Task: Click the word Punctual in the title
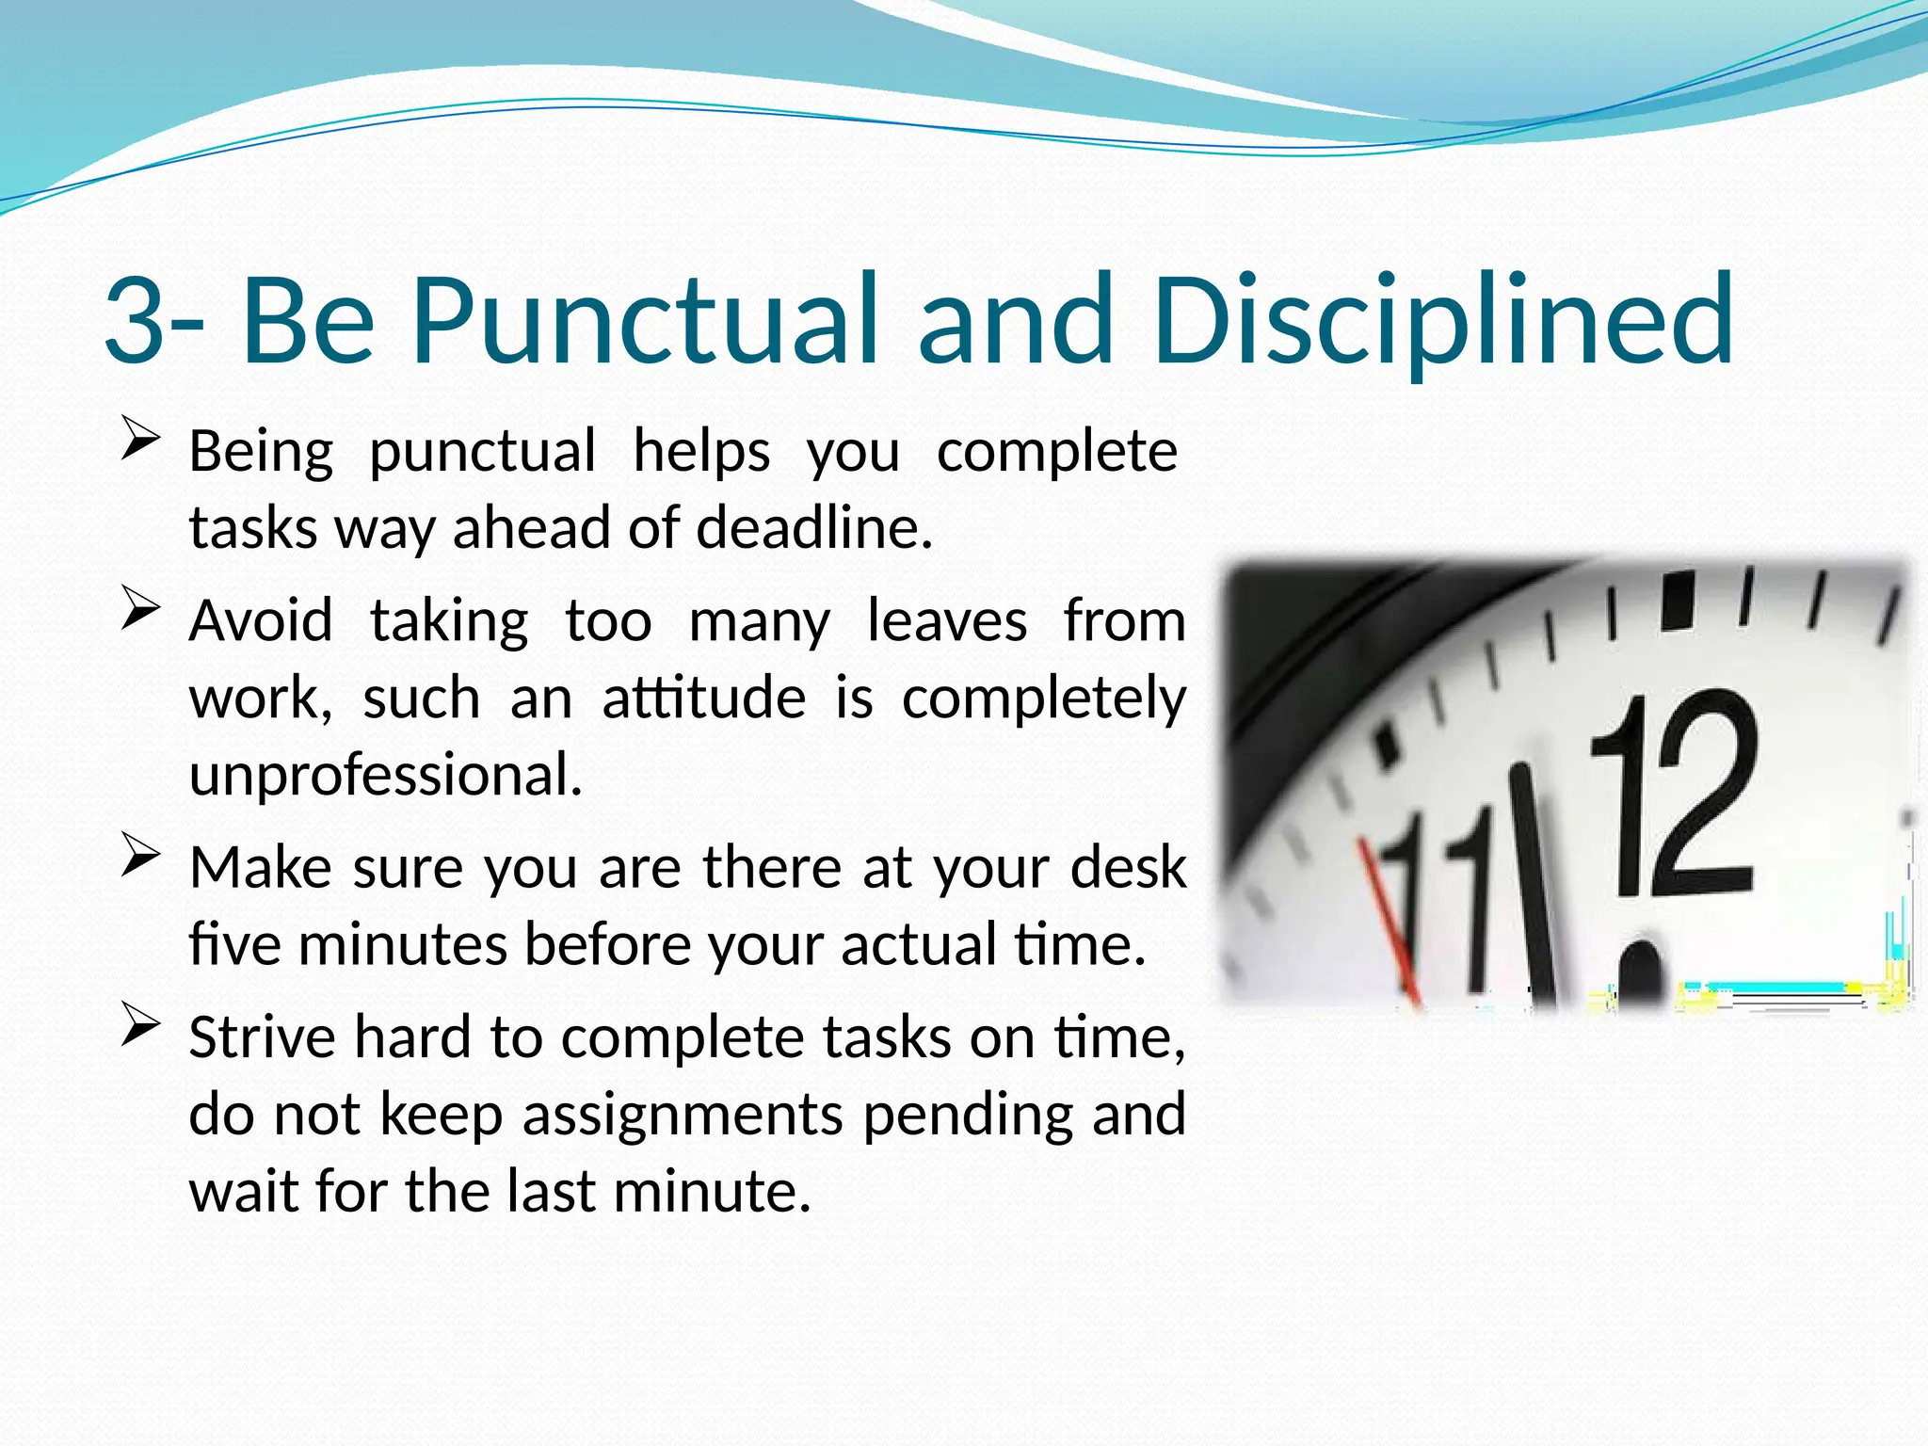646,320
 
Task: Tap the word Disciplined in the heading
1442,320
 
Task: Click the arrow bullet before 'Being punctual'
140,441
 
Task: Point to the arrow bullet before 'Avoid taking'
140,611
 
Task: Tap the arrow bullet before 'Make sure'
140,857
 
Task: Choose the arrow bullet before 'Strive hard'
140,1027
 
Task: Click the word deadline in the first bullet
813,527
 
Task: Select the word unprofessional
386,775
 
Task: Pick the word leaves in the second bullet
946,621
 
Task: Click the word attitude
703,699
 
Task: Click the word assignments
683,1115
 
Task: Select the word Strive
262,1037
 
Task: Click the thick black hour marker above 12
1678,601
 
